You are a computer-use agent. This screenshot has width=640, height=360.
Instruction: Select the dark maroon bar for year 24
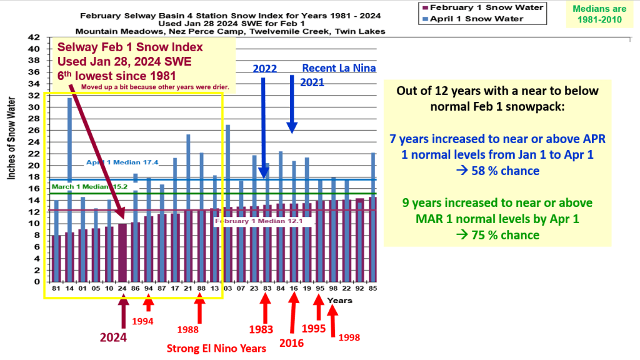pyautogui.click(x=122, y=252)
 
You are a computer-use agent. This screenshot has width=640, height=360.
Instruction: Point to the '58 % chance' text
pyautogui.click(x=497, y=171)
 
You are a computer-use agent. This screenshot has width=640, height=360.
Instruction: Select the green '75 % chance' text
pyautogui.click(x=497, y=235)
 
